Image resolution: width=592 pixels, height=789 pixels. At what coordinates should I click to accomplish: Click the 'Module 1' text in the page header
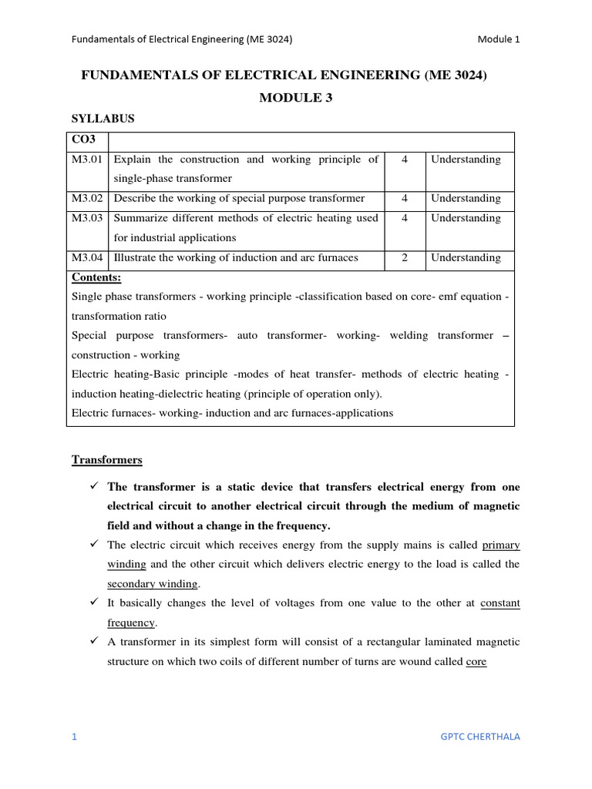point(498,39)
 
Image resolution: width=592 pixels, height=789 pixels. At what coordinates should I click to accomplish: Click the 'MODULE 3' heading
point(295,98)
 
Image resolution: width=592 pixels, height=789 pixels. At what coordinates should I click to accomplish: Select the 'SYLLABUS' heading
point(103,119)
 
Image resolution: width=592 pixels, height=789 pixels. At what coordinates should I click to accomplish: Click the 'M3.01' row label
point(87,159)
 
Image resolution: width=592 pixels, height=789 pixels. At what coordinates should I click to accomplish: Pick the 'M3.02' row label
point(87,198)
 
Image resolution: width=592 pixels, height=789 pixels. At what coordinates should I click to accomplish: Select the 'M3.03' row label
point(87,218)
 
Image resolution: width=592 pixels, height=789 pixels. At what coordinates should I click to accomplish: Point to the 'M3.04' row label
point(87,257)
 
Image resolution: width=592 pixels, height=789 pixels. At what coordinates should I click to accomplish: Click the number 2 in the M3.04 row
point(405,257)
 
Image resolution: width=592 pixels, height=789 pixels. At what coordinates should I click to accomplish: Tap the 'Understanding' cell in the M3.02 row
point(466,198)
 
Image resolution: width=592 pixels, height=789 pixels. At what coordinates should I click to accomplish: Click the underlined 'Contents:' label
point(96,277)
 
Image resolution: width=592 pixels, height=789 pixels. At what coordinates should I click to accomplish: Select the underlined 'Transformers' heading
point(107,460)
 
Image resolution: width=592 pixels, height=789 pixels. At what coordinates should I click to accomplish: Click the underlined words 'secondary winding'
point(153,583)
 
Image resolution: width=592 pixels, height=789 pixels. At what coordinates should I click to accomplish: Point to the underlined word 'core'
point(476,661)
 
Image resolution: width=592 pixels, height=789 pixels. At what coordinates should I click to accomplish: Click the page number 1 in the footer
point(75,737)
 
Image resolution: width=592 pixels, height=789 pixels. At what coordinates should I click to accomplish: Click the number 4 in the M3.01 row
point(405,159)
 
